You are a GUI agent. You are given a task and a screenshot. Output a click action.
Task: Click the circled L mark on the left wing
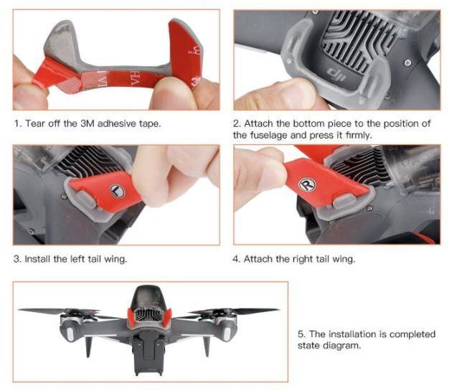pyautogui.click(x=117, y=191)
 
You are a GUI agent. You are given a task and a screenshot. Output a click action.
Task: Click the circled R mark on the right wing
pyautogui.click(x=307, y=184)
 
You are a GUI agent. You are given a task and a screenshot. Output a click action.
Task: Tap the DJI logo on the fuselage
pyautogui.click(x=336, y=74)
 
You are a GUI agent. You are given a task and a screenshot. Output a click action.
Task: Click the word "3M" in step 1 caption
pyautogui.click(x=87, y=123)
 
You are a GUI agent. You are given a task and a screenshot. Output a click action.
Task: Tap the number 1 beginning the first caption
pyautogui.click(x=17, y=123)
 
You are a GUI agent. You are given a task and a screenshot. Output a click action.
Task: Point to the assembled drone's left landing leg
pyautogui.click(x=88, y=346)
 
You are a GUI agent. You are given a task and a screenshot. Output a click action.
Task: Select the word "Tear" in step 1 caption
pyautogui.click(x=34, y=123)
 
